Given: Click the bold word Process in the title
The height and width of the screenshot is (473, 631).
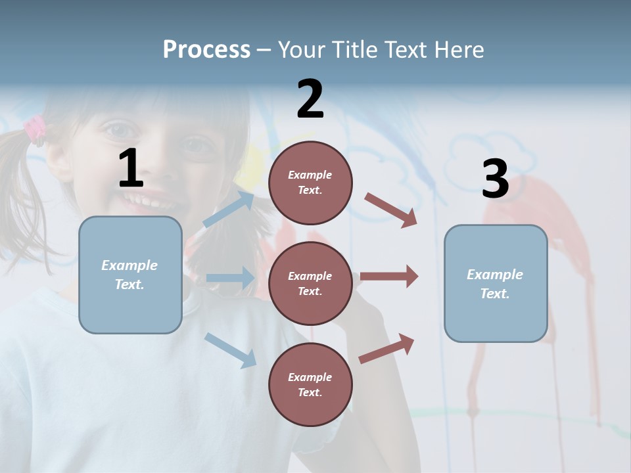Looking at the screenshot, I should pyautogui.click(x=206, y=49).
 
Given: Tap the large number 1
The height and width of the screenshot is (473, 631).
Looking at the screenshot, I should pyautogui.click(x=131, y=169).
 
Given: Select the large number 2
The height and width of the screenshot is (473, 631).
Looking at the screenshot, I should pyautogui.click(x=310, y=99).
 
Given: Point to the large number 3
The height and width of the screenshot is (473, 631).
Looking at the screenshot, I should pyautogui.click(x=495, y=179).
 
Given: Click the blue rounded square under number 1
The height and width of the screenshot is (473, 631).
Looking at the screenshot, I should pyautogui.click(x=130, y=275).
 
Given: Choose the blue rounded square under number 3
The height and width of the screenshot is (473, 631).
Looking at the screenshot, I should pyautogui.click(x=496, y=283).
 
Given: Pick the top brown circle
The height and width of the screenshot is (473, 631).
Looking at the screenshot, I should pyautogui.click(x=310, y=183).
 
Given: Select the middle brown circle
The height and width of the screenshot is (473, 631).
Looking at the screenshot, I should pyautogui.click(x=310, y=283).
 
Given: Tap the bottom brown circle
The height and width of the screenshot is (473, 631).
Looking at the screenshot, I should pyautogui.click(x=310, y=384).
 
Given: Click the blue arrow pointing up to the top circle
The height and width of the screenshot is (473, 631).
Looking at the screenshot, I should pyautogui.click(x=229, y=210).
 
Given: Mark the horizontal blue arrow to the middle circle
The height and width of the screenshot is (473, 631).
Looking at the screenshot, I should pyautogui.click(x=230, y=278).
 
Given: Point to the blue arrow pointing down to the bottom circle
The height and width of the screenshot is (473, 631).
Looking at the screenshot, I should pyautogui.click(x=230, y=349).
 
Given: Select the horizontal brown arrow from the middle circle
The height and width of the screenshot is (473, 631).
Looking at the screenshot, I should pyautogui.click(x=389, y=276).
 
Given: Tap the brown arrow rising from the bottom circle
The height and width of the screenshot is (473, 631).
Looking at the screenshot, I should pyautogui.click(x=386, y=348).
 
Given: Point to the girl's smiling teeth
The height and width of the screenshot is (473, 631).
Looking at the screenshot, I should pyautogui.click(x=141, y=197).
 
